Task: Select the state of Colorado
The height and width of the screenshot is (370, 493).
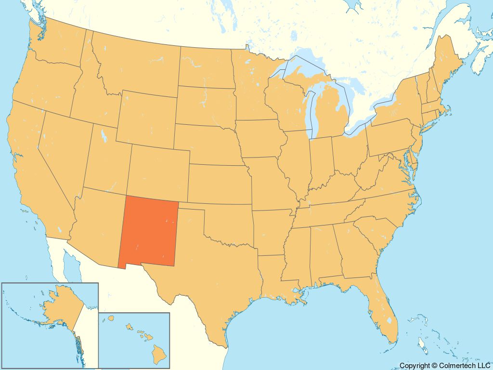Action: [x=159, y=169]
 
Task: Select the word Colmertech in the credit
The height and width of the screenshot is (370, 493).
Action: [x=457, y=366]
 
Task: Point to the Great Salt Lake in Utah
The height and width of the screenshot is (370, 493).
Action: [x=103, y=135]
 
